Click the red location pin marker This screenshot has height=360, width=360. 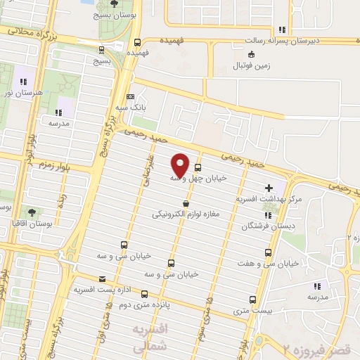[x=180, y=165]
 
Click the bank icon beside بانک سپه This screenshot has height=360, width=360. [x=130, y=96]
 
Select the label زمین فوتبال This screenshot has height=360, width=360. [x=245, y=67]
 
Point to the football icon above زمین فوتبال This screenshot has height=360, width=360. [x=251, y=54]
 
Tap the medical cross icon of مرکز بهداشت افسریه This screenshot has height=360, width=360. [x=269, y=188]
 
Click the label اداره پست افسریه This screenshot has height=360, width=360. [x=102, y=289]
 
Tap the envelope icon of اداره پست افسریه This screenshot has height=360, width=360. [x=102, y=278]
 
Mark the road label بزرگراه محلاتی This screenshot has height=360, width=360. [x=32, y=32]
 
